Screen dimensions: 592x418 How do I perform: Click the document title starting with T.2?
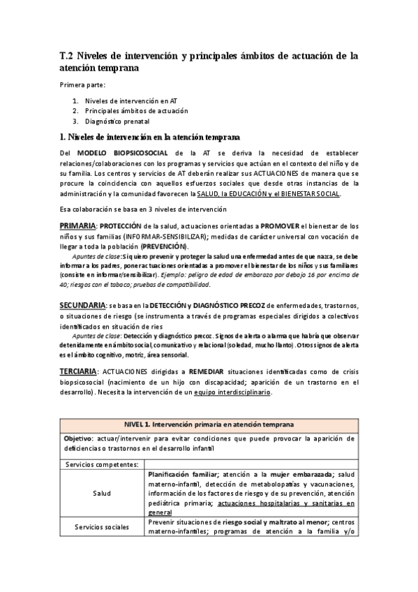point(209,61)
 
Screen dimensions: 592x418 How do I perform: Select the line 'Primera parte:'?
point(82,85)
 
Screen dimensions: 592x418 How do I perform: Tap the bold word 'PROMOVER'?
point(283,226)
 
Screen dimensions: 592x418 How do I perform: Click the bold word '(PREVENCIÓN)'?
point(163,246)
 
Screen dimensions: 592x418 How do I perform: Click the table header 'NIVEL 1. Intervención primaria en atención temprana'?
point(209,424)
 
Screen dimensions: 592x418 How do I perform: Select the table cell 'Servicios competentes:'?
point(102,464)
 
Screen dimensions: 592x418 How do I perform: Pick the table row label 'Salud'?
point(102,493)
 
